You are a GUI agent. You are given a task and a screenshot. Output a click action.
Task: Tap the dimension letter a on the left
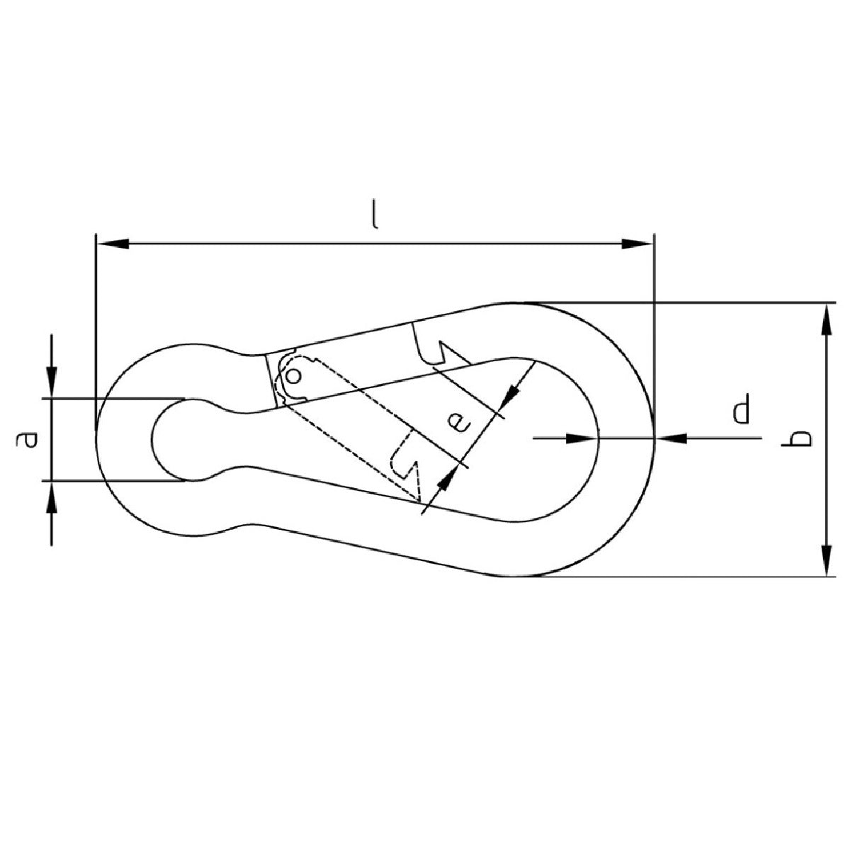[28, 440]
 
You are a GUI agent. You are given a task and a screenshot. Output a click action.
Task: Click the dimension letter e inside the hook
[459, 423]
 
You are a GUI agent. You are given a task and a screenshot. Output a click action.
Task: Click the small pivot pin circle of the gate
[294, 376]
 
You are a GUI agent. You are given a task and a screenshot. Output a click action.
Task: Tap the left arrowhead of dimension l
[113, 243]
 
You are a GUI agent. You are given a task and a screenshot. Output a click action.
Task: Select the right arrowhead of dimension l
[637, 243]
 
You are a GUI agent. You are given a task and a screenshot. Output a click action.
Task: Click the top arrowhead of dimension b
[827, 319]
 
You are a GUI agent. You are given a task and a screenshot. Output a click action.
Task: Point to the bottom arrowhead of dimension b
[827, 560]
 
